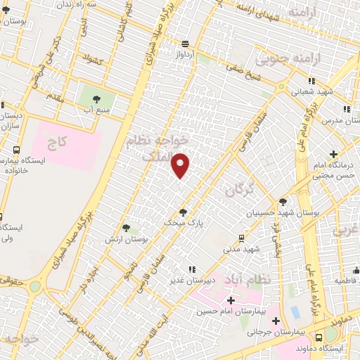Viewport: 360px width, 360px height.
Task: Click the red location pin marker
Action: [181, 165]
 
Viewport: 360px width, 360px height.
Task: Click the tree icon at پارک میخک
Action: [184, 212]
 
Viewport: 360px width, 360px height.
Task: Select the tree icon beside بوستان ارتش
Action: [126, 228]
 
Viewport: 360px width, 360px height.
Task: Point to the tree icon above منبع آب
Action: [96, 99]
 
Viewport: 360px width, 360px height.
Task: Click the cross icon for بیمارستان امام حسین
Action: [230, 300]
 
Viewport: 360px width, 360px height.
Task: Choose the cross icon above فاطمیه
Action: [356, 269]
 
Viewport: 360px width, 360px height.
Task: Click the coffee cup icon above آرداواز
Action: [185, 42]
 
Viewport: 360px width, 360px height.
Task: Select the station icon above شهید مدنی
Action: [241, 238]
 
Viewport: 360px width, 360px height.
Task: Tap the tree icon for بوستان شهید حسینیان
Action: [283, 201]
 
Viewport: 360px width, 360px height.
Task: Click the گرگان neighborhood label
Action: [238, 188]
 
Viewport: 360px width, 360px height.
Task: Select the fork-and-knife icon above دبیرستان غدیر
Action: [190, 269]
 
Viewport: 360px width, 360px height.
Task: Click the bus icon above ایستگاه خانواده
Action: [16, 150]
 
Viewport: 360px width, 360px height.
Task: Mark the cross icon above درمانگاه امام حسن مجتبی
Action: [333, 154]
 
